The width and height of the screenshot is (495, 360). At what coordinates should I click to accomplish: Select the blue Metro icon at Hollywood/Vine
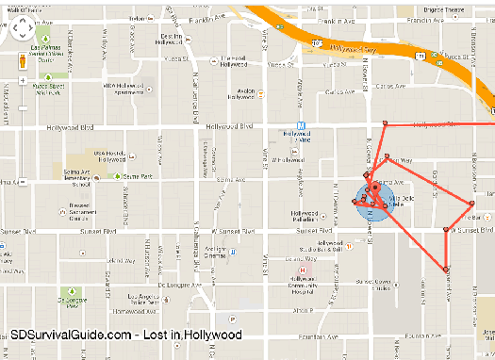pos(300,125)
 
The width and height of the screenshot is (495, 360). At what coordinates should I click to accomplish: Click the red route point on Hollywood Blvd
pos(384,123)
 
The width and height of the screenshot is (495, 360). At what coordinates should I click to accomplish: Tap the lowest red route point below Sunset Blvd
pos(446,270)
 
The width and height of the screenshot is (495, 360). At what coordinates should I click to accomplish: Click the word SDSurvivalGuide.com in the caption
pos(71,335)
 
